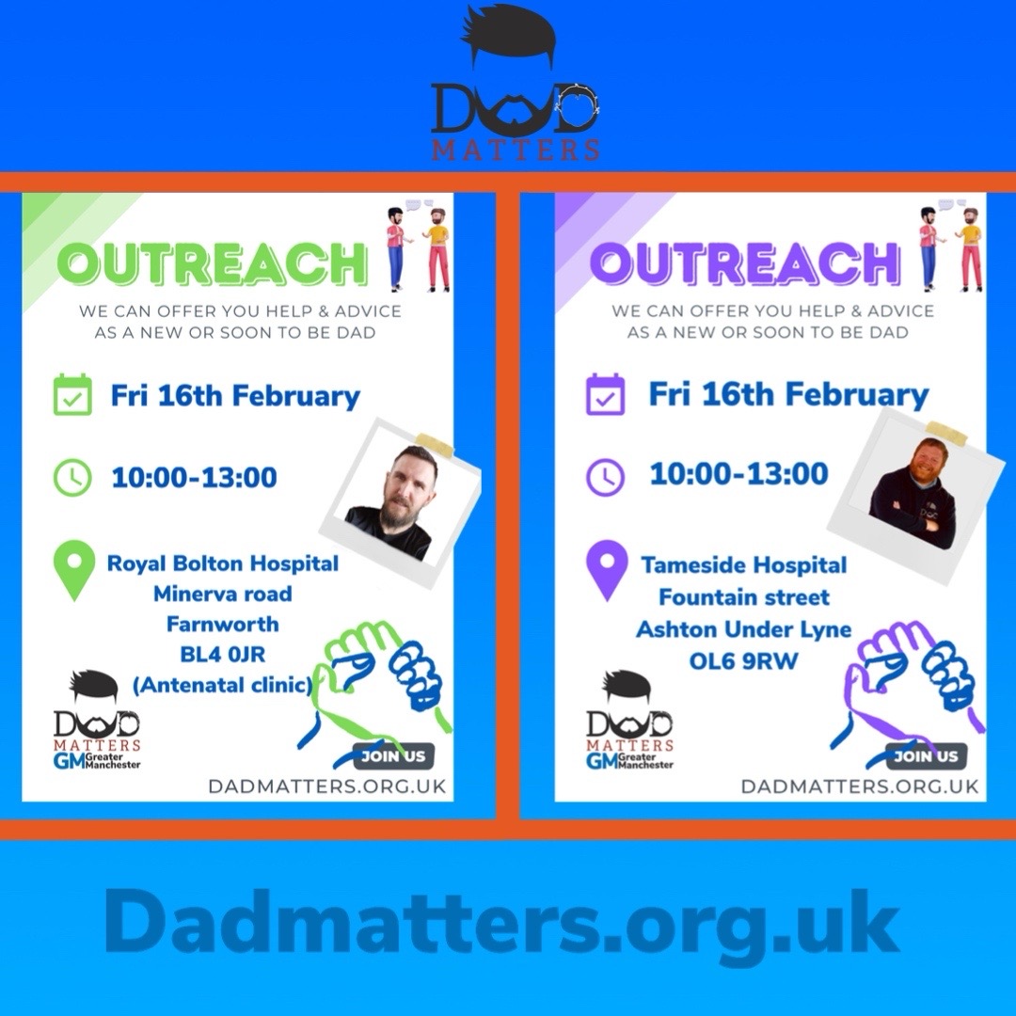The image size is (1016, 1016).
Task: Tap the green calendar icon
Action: (72, 395)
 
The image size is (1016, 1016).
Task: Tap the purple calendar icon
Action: (605, 394)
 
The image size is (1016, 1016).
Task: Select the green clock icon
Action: (72, 477)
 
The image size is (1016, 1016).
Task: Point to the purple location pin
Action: (607, 570)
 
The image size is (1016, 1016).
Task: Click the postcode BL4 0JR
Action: (222, 654)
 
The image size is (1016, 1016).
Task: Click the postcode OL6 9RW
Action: (743, 661)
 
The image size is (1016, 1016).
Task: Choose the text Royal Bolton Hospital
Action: (222, 564)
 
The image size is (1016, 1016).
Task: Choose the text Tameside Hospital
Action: (743, 565)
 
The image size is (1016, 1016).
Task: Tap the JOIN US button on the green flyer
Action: (393, 756)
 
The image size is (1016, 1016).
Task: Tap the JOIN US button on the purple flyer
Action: (926, 756)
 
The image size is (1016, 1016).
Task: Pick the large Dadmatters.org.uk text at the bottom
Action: (502, 924)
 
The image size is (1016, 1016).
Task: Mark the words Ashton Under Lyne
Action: (743, 629)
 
